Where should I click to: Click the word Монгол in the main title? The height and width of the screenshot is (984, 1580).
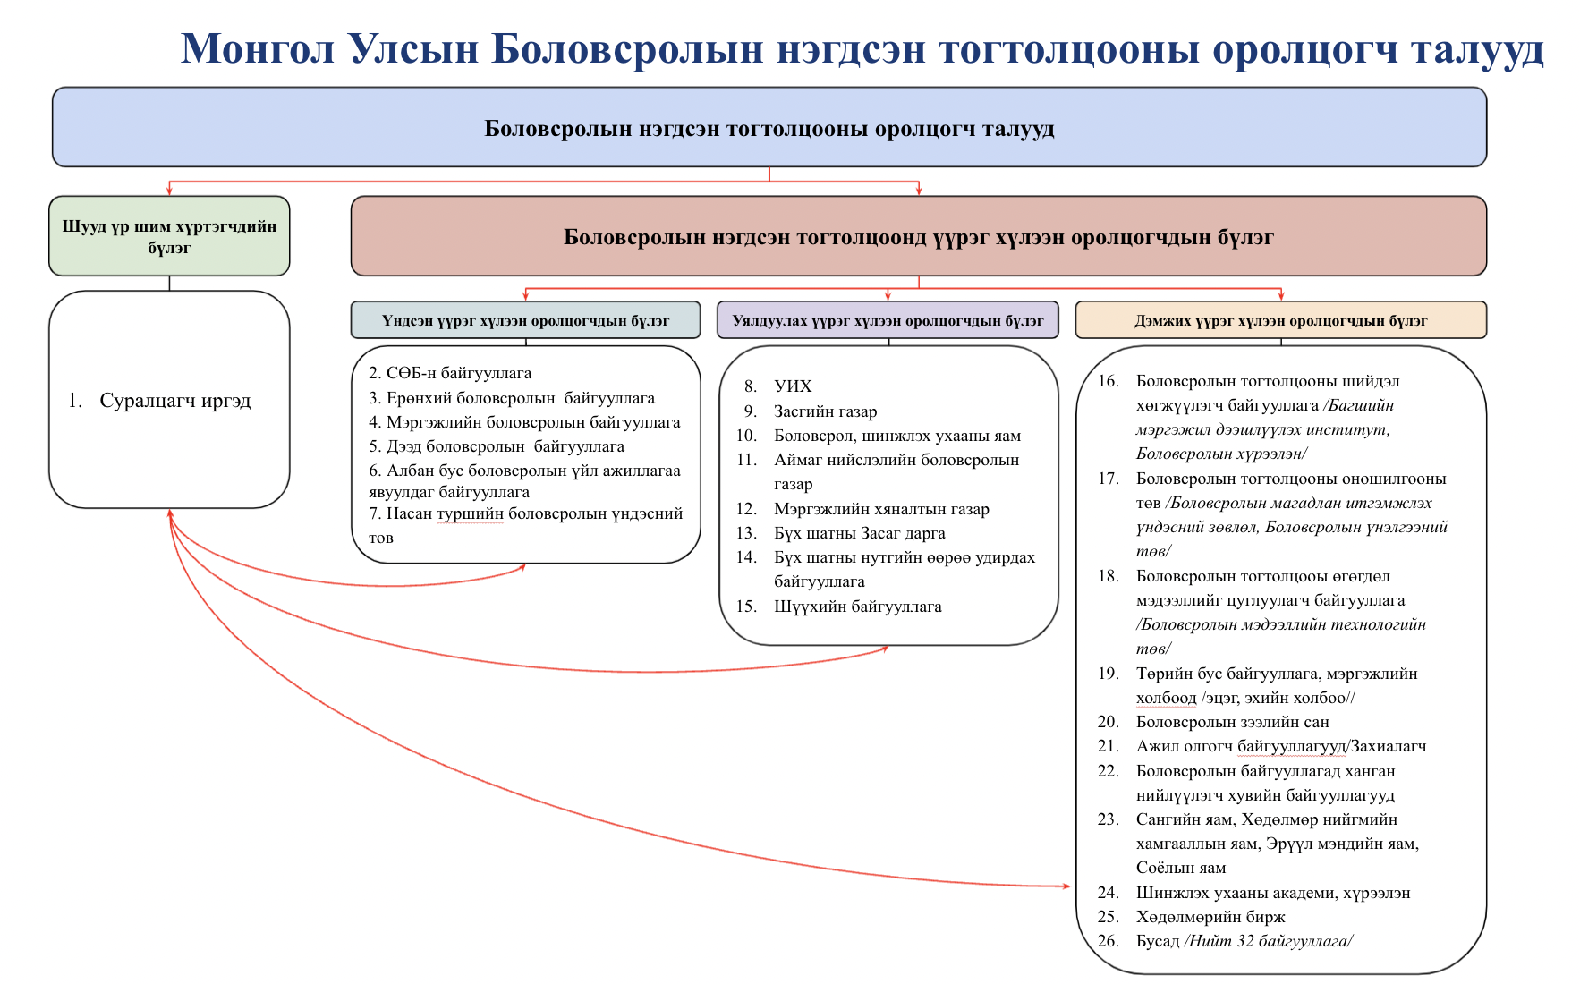(x=257, y=48)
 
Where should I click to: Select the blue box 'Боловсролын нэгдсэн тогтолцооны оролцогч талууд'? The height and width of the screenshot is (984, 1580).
(x=769, y=128)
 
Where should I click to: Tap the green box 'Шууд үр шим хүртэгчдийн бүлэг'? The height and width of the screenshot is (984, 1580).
(x=169, y=236)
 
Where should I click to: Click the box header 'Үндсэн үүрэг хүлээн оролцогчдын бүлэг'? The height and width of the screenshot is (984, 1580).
(x=525, y=320)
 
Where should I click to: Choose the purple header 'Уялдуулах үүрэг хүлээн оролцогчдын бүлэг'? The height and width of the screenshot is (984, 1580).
(x=888, y=320)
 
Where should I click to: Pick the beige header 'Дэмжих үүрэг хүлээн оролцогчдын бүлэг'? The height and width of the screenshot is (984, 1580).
(x=1280, y=320)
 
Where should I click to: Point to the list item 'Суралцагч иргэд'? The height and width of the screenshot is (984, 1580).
(x=174, y=401)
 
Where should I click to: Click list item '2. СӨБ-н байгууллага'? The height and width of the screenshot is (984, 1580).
(x=450, y=373)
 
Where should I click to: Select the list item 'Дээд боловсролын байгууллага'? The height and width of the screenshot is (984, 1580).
(x=497, y=446)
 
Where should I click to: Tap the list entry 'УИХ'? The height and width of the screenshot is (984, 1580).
(x=793, y=386)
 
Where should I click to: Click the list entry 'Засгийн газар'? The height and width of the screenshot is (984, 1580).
(x=825, y=411)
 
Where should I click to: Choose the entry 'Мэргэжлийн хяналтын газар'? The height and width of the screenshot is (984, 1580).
(x=881, y=509)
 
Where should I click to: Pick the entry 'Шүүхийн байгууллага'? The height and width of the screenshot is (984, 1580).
(x=857, y=607)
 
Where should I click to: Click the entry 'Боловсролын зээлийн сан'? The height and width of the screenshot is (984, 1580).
(x=1232, y=722)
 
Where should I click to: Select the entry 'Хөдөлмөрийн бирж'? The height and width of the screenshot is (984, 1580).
(x=1210, y=917)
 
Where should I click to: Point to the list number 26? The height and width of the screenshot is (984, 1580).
(x=1108, y=941)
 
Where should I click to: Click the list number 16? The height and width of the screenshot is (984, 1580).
(x=1108, y=381)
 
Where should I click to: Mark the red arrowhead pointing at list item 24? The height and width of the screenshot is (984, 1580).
(x=1066, y=886)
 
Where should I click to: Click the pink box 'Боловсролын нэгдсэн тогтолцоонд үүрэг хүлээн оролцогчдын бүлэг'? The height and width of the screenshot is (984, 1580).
(x=918, y=237)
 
